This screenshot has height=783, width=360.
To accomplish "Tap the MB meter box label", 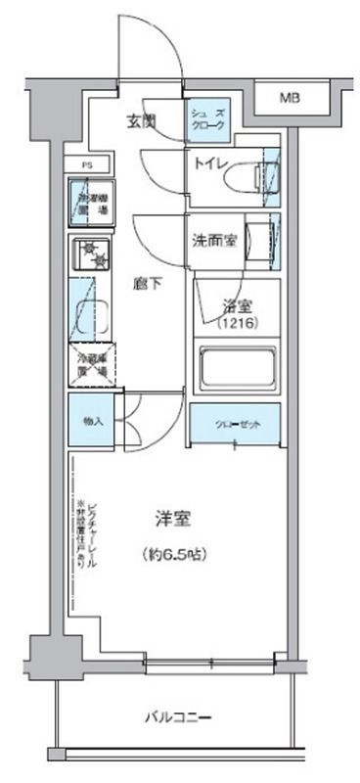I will tap(291, 98).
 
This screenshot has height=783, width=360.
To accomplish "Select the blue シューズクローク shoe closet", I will tap(206, 119).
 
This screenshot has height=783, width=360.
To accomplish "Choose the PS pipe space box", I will tap(86, 165).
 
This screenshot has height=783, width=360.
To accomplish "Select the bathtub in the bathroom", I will tap(238, 369).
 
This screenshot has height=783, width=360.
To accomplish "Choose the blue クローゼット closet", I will tap(235, 423).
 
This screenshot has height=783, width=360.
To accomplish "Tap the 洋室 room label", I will tap(172, 516).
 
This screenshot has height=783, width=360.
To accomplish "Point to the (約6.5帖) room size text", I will tap(174, 553).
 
